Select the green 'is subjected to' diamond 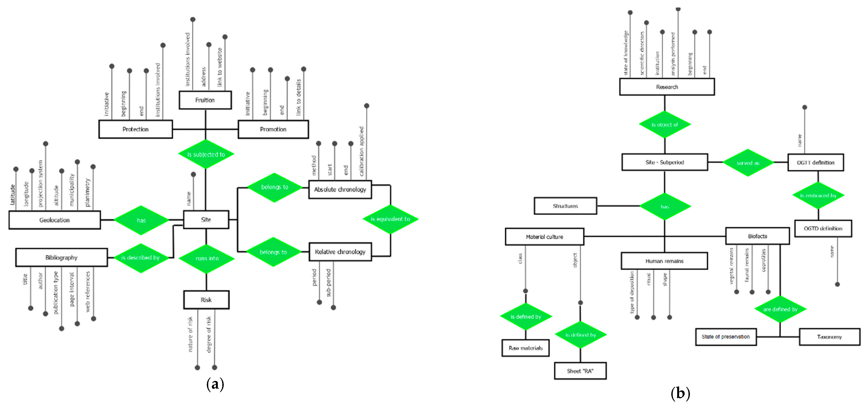pyautogui.click(x=206, y=154)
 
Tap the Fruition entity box pyautogui.click(x=205, y=100)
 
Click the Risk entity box pyautogui.click(x=206, y=300)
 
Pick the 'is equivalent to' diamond pyautogui.click(x=390, y=219)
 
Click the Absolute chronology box pyautogui.click(x=340, y=189)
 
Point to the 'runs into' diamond pyautogui.click(x=206, y=258)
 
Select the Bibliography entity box pyautogui.click(x=61, y=258)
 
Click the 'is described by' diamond pyautogui.click(x=141, y=258)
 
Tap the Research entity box pyautogui.click(x=667, y=87)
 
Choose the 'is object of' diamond pyautogui.click(x=665, y=125)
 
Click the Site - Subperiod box pyautogui.click(x=664, y=162)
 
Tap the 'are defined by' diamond pyautogui.click(x=780, y=309)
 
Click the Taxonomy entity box pyautogui.click(x=829, y=337)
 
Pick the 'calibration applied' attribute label pyautogui.click(x=361, y=151)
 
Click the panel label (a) pyautogui.click(x=215, y=384)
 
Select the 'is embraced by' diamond pyautogui.click(x=818, y=196)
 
